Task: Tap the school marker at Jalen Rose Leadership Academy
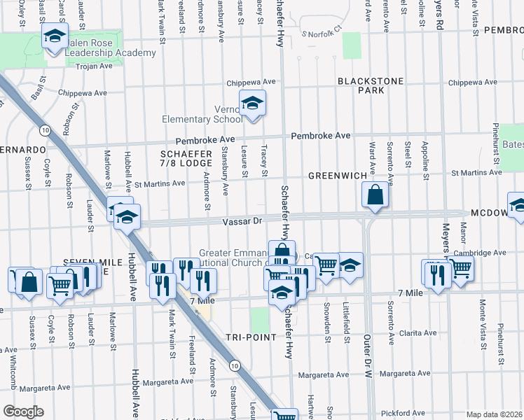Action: (54, 36)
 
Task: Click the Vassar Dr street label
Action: (242, 221)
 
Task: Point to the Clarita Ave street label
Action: (418, 332)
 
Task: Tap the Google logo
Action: (23, 412)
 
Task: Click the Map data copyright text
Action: (493, 414)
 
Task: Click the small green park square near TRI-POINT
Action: (260, 320)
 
